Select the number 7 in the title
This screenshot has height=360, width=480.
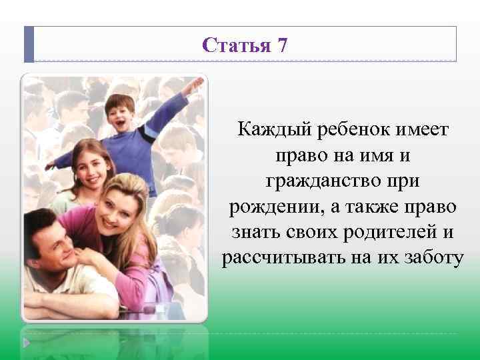(x=283, y=46)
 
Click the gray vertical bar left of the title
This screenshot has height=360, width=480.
(x=29, y=44)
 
